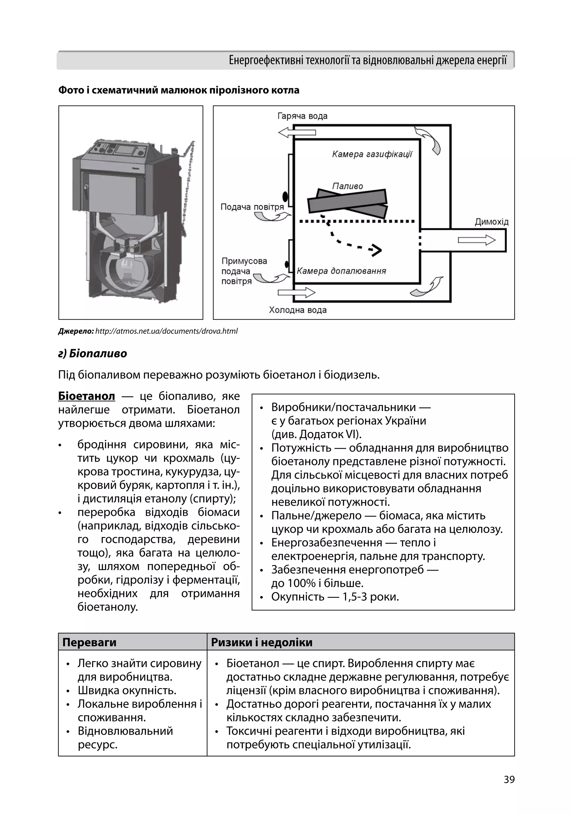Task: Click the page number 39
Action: tap(509, 780)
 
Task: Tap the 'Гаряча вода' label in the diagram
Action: tap(302, 116)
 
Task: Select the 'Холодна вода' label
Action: tap(297, 310)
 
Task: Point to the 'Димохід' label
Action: tap(491, 222)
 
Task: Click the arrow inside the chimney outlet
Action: tap(476, 240)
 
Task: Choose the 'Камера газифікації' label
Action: tap(372, 154)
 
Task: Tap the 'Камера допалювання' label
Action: tap(341, 271)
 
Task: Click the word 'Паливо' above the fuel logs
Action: tap(347, 186)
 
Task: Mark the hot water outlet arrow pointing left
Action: tap(297, 132)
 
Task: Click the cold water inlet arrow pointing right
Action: tap(296, 292)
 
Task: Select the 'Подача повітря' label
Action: tap(252, 207)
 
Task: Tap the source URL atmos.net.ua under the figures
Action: tap(166, 331)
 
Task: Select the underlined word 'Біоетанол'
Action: tap(86, 396)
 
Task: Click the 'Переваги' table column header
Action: tap(89, 642)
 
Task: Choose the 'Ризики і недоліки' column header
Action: tap(262, 642)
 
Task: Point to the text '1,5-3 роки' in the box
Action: tap(370, 597)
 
